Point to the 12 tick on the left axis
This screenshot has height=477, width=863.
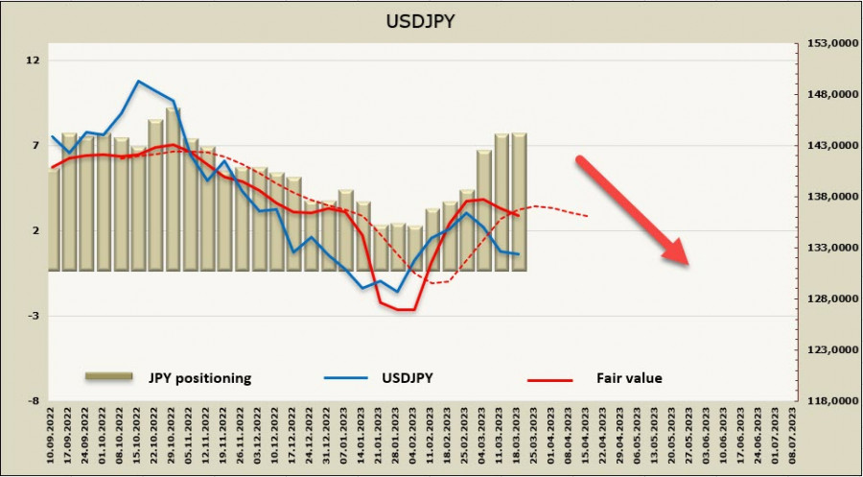35,60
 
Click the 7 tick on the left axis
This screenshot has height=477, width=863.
35,146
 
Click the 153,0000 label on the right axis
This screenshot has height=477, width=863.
828,44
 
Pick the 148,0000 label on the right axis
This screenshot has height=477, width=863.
828,95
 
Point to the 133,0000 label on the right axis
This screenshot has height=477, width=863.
828,248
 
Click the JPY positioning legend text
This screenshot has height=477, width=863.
200,378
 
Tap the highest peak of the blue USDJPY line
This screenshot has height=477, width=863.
139,81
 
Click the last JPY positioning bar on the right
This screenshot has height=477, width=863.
519,202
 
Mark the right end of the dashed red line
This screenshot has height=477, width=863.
587,216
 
